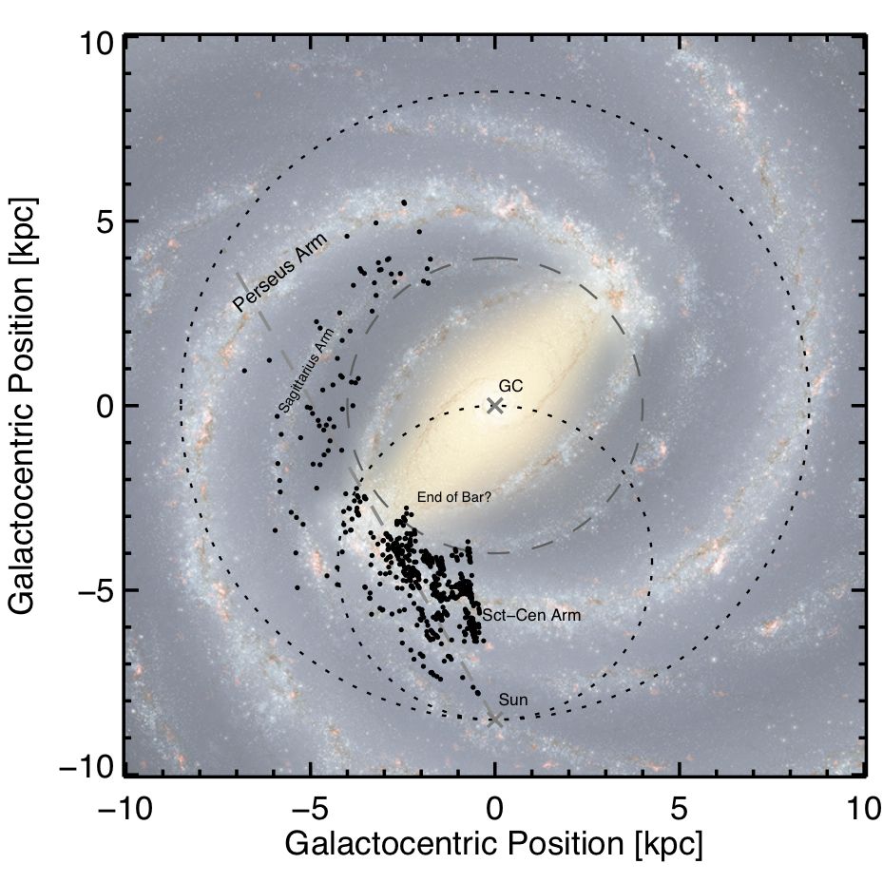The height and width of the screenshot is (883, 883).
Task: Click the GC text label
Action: pyautogui.click(x=510, y=387)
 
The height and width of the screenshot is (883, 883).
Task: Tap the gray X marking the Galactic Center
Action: pyautogui.click(x=494, y=406)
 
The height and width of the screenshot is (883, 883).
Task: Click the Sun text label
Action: pyautogui.click(x=513, y=701)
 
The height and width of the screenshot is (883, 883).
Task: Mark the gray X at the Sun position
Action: pyautogui.click(x=494, y=720)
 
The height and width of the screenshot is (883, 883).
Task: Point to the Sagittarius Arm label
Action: pyautogui.click(x=308, y=376)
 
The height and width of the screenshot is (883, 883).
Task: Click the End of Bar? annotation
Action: pyautogui.click(x=453, y=497)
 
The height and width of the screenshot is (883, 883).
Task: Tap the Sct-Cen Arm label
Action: pyautogui.click(x=531, y=616)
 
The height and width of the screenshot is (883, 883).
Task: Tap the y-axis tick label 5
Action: pyautogui.click(x=103, y=222)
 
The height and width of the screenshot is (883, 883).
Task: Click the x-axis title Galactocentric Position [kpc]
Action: pyautogui.click(x=493, y=844)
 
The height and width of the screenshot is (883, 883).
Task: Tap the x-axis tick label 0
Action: pyautogui.click(x=494, y=810)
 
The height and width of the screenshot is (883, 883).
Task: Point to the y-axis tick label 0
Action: pyautogui.click(x=103, y=407)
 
